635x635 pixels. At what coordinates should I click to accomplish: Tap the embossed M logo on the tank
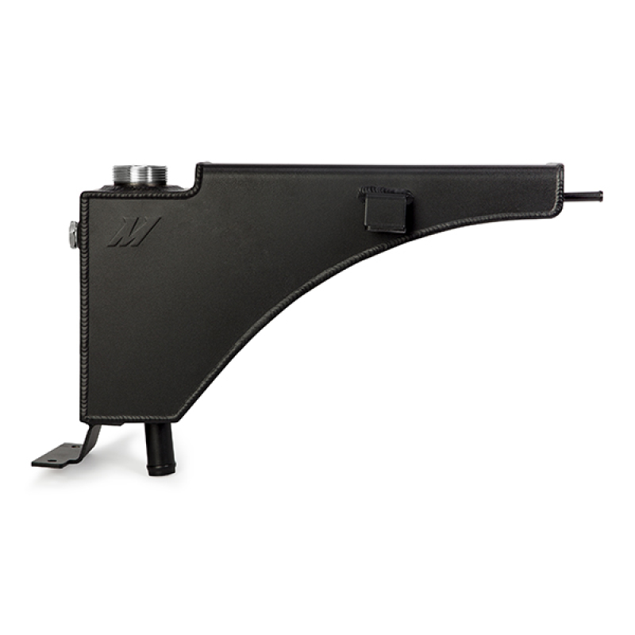click(x=133, y=232)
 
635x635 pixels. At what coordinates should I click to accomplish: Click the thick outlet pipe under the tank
click(x=160, y=448)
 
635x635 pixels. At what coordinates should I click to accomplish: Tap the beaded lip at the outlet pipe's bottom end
click(x=160, y=469)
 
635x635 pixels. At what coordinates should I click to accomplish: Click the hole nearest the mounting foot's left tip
click(x=44, y=459)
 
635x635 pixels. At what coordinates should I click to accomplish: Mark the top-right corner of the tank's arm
click(x=560, y=166)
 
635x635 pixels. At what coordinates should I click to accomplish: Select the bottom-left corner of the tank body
click(x=82, y=418)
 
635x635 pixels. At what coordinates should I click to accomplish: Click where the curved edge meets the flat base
click(x=181, y=418)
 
